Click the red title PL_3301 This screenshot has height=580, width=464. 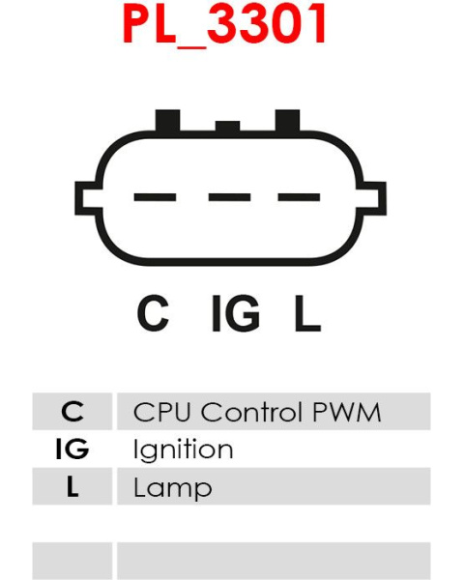click(x=224, y=25)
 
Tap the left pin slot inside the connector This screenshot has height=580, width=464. click(x=155, y=197)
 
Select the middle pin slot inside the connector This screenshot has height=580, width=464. click(x=229, y=197)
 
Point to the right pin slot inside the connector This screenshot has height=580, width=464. click(x=299, y=197)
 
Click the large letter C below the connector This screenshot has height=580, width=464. click(x=153, y=312)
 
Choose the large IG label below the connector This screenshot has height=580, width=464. click(x=235, y=312)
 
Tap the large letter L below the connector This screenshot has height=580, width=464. click(x=307, y=312)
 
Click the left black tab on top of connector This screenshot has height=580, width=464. click(x=167, y=121)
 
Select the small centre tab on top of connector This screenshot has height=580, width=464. click(x=227, y=127)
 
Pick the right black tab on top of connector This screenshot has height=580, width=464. click(x=287, y=121)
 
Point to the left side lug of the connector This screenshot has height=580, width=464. click(x=88, y=198)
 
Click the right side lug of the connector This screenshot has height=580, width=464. click(x=372, y=198)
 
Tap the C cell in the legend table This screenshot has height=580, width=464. click(x=72, y=412)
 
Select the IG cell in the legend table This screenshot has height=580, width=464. click(x=72, y=449)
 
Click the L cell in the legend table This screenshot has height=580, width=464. click(x=72, y=486)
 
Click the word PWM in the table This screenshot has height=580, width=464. click(x=347, y=412)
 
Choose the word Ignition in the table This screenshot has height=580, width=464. click(x=183, y=450)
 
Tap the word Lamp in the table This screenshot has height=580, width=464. click(x=172, y=488)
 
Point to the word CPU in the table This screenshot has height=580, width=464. click(x=161, y=412)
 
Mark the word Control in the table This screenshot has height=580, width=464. click(x=251, y=412)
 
